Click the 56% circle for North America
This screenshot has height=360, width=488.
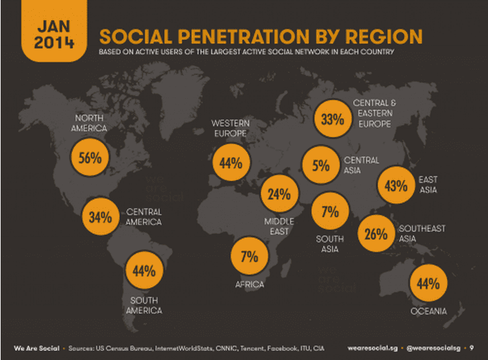click(89, 158)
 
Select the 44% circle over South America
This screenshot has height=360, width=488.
click(144, 271)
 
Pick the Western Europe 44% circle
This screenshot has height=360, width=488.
click(230, 163)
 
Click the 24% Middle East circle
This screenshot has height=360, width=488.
click(279, 194)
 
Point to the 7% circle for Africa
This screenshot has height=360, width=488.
click(250, 257)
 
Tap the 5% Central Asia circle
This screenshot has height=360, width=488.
click(320, 166)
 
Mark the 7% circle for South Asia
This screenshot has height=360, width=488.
click(330, 211)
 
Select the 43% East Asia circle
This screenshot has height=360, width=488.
click(396, 185)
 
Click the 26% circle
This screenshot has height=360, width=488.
click(376, 234)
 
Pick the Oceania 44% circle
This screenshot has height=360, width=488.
click(430, 284)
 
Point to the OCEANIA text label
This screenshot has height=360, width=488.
click(429, 312)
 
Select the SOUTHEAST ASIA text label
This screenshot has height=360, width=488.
click(422, 233)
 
